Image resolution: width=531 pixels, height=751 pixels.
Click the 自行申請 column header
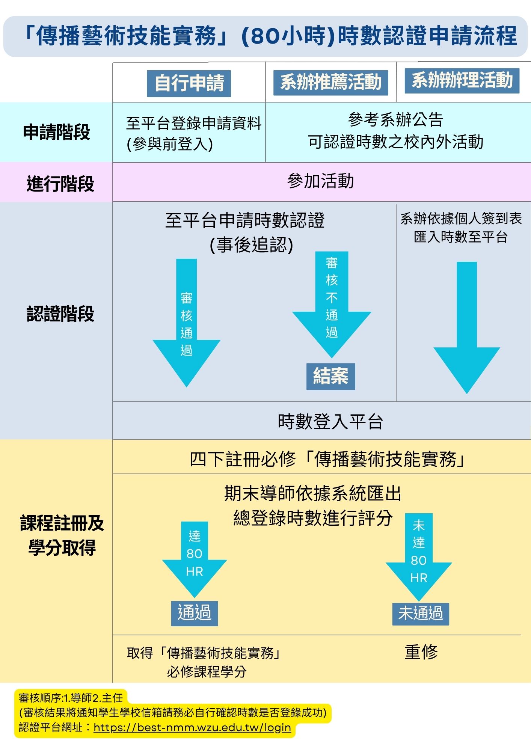click(189, 83)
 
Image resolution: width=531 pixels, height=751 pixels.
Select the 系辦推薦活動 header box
click(330, 83)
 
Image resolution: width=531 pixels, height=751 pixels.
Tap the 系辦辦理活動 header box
click(462, 81)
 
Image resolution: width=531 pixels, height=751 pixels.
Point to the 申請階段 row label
click(56, 132)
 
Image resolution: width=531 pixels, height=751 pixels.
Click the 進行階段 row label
click(60, 184)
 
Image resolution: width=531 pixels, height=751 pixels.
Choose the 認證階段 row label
click(60, 314)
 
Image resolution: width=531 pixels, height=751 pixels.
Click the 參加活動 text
click(321, 181)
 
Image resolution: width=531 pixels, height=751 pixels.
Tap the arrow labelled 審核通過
click(187, 323)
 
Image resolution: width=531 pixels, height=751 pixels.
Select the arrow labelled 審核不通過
click(332, 300)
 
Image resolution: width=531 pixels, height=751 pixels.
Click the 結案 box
click(330, 376)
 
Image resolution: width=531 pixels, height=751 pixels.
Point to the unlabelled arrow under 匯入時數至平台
click(467, 327)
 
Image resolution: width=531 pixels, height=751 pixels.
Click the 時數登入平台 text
click(330, 421)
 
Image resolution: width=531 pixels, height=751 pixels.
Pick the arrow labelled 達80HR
click(195, 556)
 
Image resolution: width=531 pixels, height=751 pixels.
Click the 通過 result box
click(195, 613)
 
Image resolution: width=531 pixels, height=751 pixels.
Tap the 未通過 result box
click(421, 614)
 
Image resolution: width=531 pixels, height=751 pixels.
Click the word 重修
click(421, 652)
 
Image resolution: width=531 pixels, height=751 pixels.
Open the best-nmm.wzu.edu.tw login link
click(192, 727)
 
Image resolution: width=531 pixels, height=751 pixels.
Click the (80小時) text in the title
click(288, 36)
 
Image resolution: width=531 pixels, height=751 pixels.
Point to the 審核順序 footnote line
click(71, 698)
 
